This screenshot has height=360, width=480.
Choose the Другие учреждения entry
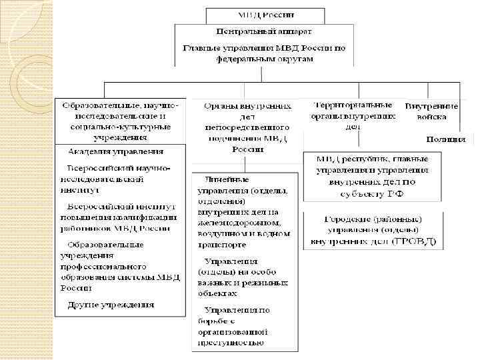(111, 305)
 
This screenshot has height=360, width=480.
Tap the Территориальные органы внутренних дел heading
(353, 115)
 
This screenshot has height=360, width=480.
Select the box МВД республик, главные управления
(372, 176)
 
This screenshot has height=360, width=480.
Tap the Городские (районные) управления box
(373, 230)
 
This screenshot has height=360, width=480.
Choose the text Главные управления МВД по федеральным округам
(264, 53)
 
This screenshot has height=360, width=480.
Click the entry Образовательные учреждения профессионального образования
(117, 265)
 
